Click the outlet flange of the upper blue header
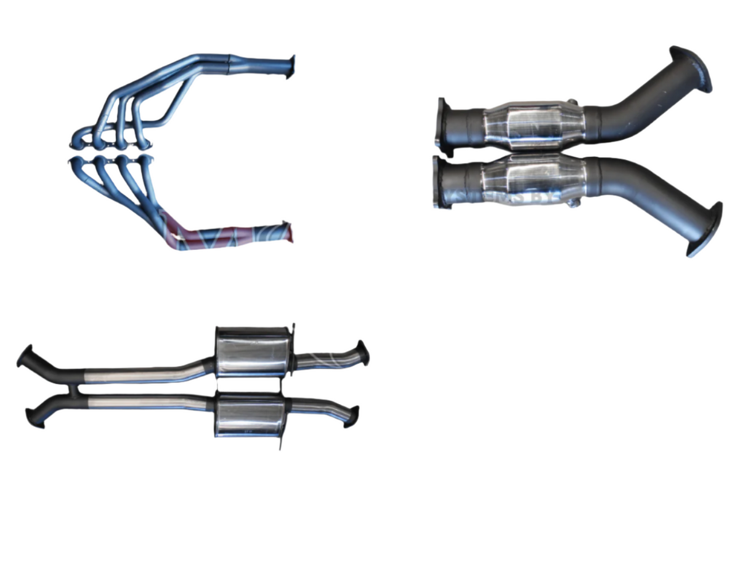[291, 64]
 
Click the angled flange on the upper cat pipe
[691, 68]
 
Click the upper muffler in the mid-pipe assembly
[251, 351]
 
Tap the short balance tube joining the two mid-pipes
[75, 389]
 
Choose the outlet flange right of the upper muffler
[362, 353]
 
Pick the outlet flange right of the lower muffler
[351, 416]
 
